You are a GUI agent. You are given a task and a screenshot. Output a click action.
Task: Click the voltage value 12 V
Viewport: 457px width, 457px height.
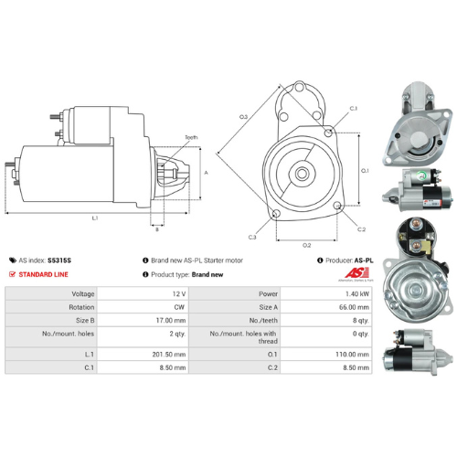(x=177, y=293)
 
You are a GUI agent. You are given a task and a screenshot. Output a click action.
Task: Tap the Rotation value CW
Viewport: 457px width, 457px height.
(x=178, y=307)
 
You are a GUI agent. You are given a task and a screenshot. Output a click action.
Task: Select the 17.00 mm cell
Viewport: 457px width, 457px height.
(x=171, y=322)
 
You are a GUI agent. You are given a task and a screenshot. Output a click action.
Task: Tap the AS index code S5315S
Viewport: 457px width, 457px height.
(x=59, y=260)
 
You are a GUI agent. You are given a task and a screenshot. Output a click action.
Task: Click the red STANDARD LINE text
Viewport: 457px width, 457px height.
(x=44, y=274)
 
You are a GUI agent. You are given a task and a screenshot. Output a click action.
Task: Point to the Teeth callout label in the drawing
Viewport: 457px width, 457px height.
(x=191, y=137)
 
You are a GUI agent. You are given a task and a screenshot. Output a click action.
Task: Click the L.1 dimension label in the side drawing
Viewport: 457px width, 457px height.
(x=95, y=218)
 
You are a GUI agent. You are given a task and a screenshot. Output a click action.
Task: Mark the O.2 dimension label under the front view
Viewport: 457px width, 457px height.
(x=306, y=245)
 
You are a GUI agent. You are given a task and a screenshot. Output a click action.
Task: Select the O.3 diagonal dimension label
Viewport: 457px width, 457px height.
(x=244, y=117)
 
